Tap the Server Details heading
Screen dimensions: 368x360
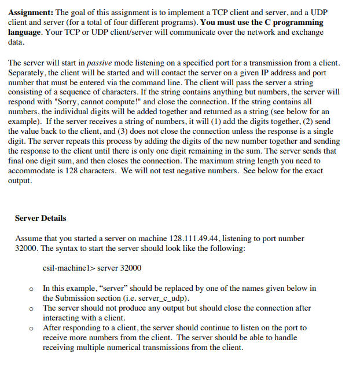click(41, 218)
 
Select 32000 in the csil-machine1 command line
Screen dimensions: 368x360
click(130, 268)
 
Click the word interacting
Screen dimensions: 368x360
click(64, 318)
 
